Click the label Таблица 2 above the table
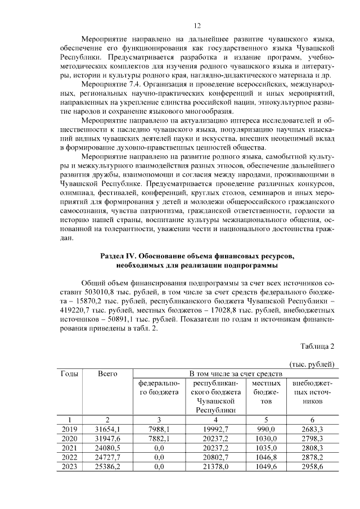[x=317, y=345]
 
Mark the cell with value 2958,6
[x=312, y=466]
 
